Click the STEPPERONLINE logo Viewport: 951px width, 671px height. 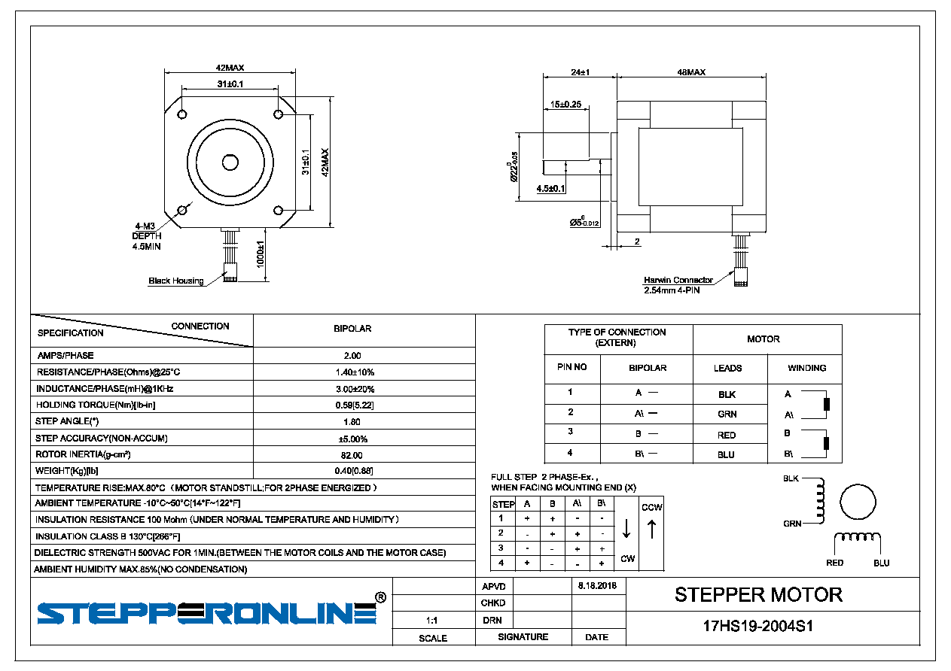[207, 612]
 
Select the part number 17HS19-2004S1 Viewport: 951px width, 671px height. [757, 626]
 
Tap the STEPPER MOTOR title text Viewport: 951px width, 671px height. [758, 594]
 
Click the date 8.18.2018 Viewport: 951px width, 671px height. [597, 585]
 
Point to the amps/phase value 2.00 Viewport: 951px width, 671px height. [352, 356]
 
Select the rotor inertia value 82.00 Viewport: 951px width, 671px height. [352, 455]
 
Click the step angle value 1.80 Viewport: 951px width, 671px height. [352, 422]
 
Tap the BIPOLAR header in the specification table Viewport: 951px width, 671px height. [352, 329]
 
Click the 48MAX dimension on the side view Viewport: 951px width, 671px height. [691, 72]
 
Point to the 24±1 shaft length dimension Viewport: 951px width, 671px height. [580, 72]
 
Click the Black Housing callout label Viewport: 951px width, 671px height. [175, 281]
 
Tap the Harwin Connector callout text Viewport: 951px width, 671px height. [678, 280]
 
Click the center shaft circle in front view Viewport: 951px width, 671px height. [230, 162]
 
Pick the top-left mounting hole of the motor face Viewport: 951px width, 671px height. [182, 114]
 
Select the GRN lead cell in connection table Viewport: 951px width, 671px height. [727, 414]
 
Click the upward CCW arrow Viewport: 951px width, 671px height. [652, 530]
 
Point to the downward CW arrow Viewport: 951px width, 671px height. [626, 530]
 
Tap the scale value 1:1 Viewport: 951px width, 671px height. [432, 621]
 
